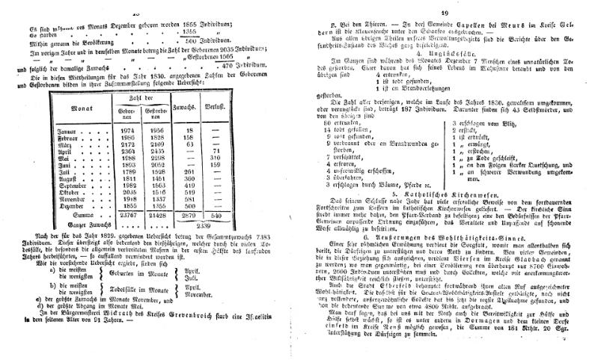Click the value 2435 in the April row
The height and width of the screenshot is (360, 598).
coord(159,150)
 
